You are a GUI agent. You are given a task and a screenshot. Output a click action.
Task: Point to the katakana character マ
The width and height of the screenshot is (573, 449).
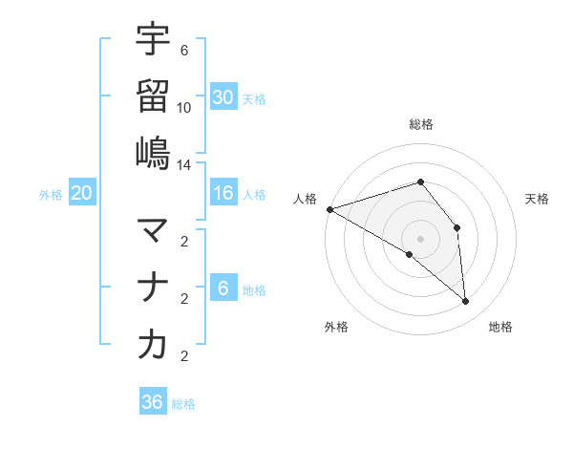pyautogui.click(x=153, y=230)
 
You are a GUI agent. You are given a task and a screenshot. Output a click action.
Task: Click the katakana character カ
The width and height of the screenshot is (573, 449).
pyautogui.click(x=153, y=345)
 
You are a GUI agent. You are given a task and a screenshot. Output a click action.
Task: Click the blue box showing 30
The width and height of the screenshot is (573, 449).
pyautogui.click(x=223, y=97)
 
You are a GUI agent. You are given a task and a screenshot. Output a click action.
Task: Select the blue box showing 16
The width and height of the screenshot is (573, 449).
pyautogui.click(x=223, y=194)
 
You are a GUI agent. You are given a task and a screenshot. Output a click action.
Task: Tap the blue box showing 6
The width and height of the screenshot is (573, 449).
pyautogui.click(x=223, y=289)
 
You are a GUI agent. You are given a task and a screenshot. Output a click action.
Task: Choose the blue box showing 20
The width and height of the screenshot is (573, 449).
pyautogui.click(x=82, y=194)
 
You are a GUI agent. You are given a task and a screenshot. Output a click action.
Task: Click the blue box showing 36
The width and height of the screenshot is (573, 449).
pyautogui.click(x=153, y=402)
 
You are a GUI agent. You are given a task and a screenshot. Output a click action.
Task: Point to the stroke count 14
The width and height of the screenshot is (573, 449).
pyautogui.click(x=184, y=164)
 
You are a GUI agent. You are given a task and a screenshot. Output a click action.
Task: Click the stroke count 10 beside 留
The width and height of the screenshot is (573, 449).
pyautogui.click(x=184, y=108)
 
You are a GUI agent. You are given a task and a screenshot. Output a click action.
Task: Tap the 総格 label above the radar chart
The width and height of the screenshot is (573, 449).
pyautogui.click(x=420, y=124)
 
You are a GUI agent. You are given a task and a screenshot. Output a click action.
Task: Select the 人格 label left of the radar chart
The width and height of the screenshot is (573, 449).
pyautogui.click(x=306, y=199)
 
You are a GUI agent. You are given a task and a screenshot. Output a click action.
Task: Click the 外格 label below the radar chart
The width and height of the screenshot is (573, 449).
pyautogui.click(x=336, y=327)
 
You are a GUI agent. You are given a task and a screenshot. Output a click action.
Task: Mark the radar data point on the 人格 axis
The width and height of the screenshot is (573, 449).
pyautogui.click(x=329, y=209)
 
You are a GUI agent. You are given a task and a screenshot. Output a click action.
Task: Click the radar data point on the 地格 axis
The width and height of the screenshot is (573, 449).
pyautogui.click(x=466, y=302)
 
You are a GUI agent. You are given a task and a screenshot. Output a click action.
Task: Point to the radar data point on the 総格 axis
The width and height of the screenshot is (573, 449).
pyautogui.click(x=420, y=182)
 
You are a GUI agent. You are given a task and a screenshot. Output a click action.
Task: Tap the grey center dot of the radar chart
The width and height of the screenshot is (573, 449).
pyautogui.click(x=420, y=238)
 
